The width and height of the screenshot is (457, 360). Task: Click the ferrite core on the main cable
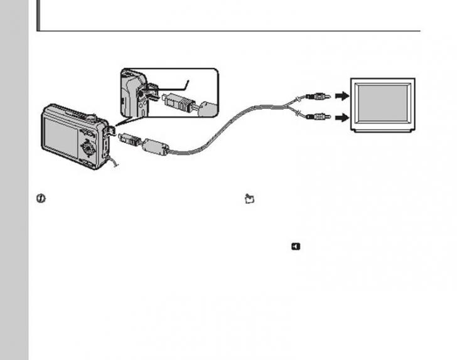(155, 148)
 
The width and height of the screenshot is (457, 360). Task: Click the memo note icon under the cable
(249, 199)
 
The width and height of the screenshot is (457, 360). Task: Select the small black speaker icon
(296, 246)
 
